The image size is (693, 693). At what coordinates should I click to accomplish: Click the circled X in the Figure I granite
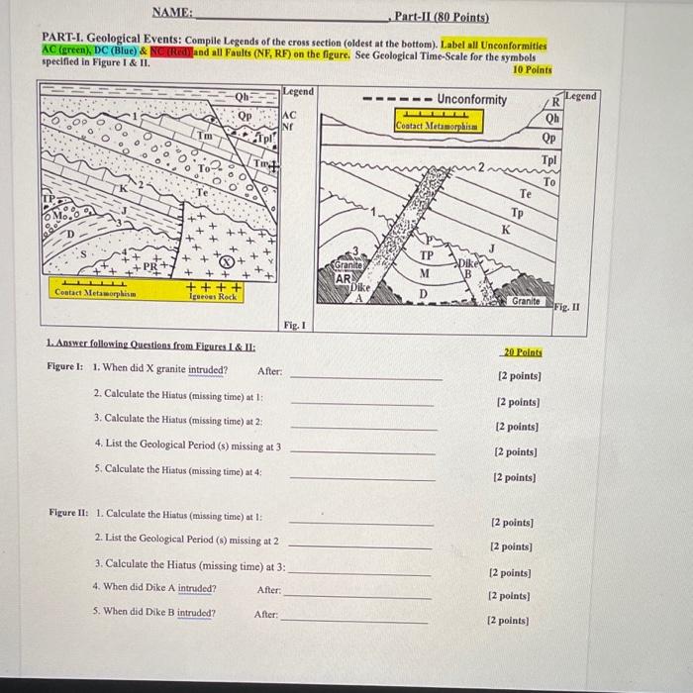(227, 261)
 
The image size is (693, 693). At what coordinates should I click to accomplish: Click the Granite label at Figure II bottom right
(526, 300)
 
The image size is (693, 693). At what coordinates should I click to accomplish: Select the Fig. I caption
(292, 324)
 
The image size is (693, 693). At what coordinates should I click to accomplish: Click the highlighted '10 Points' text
(532, 70)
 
